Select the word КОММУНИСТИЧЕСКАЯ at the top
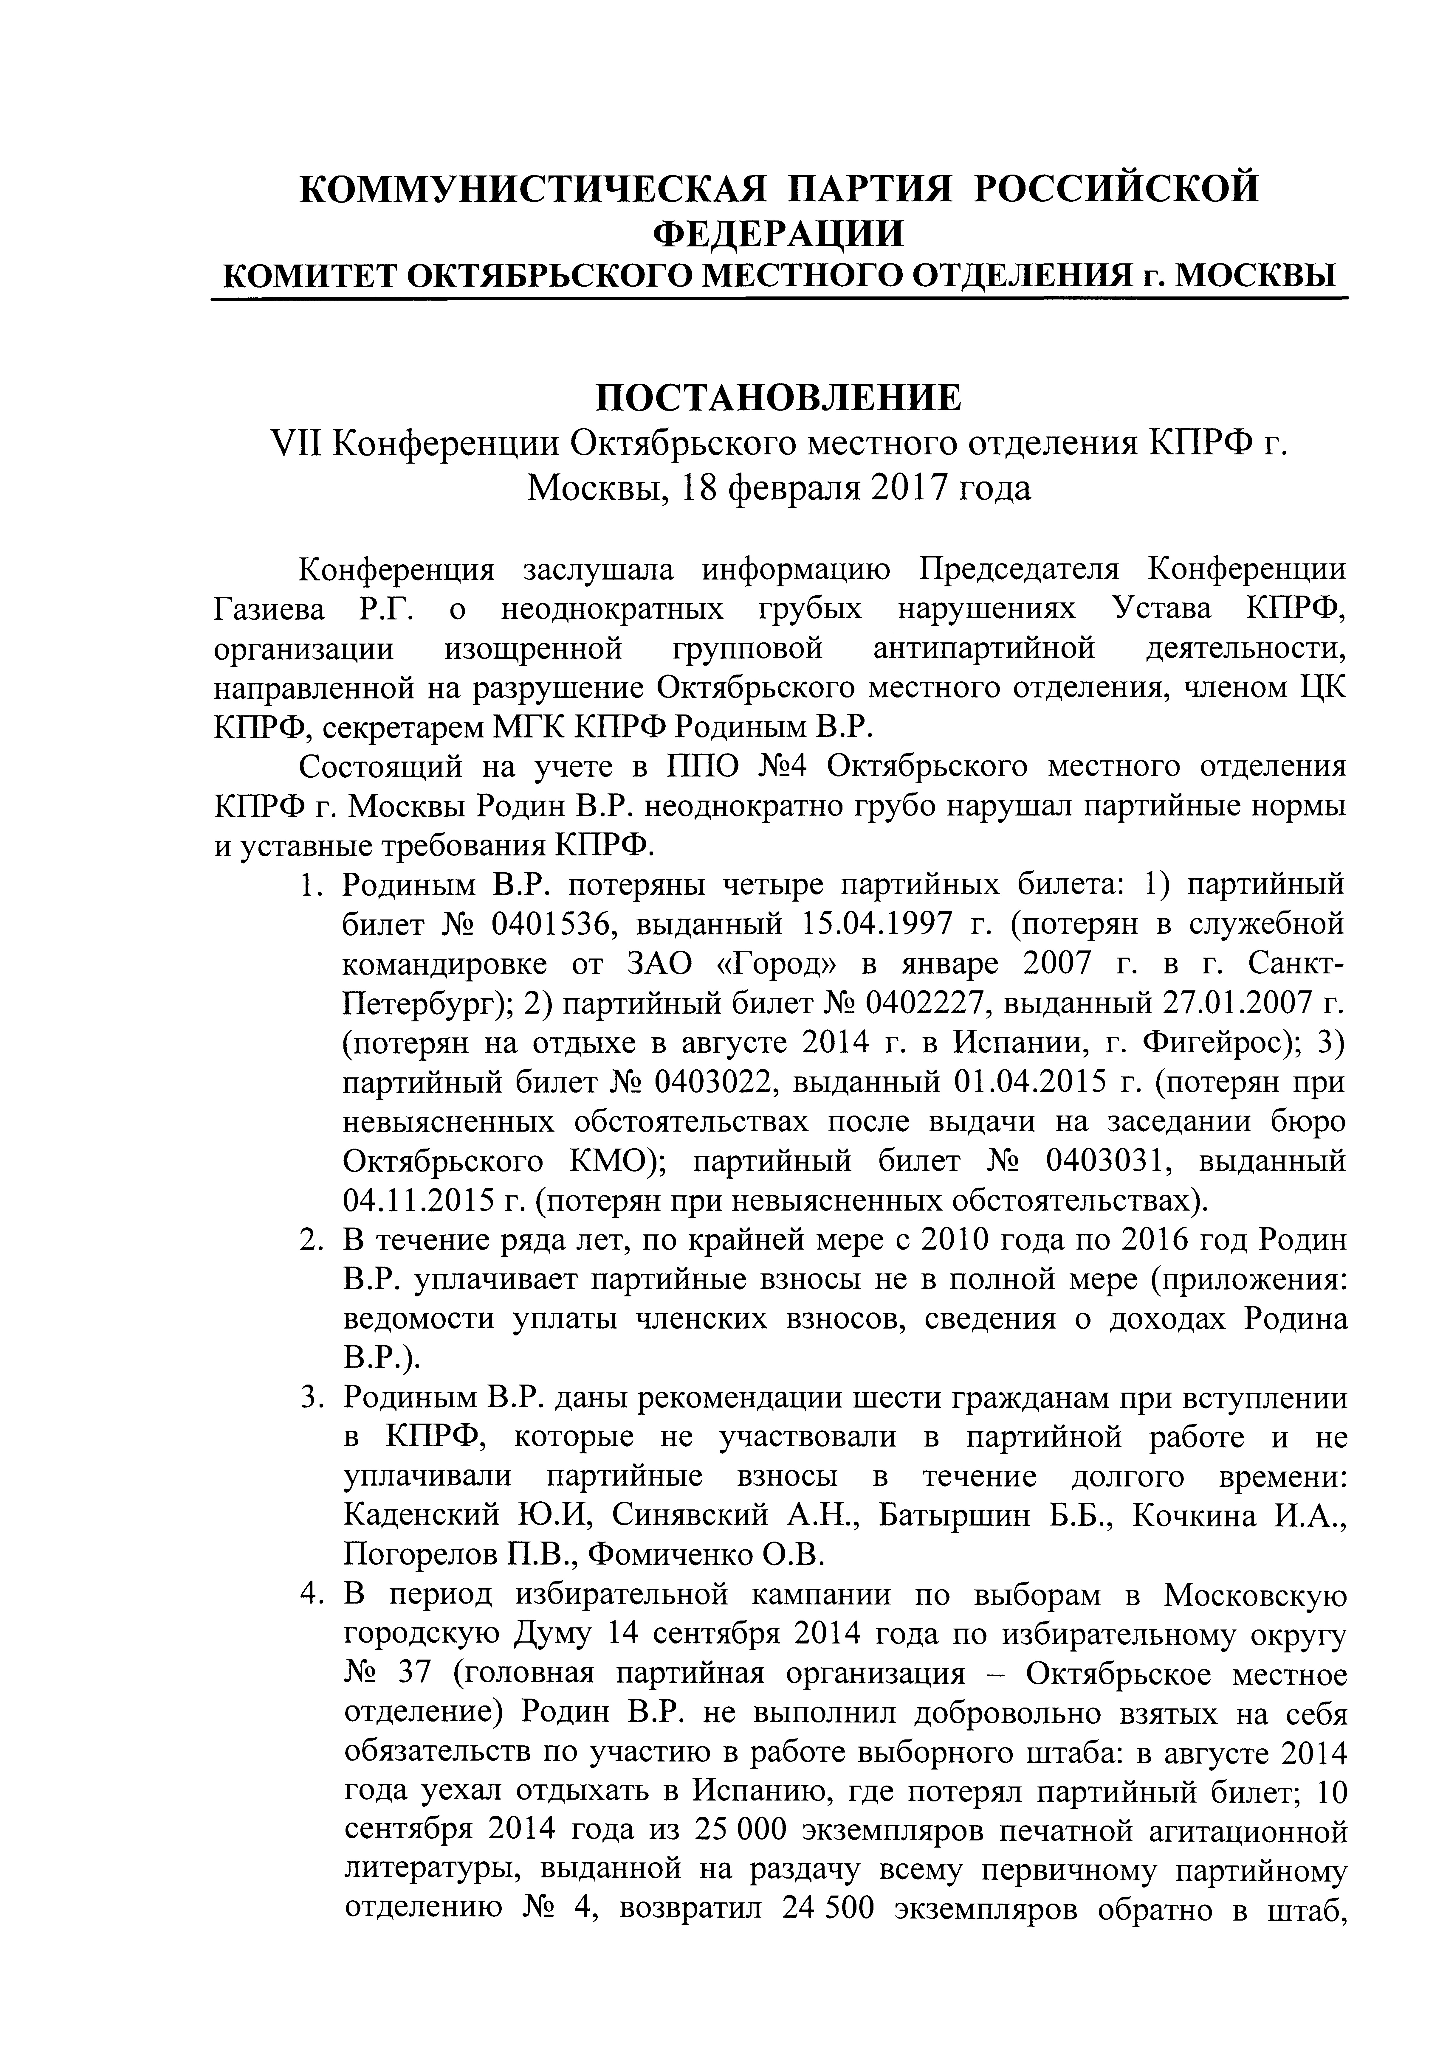point(532,189)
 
